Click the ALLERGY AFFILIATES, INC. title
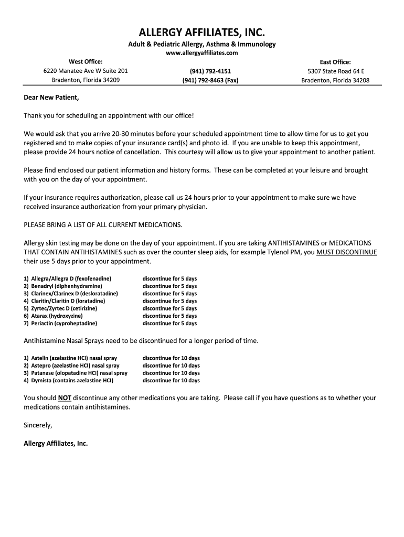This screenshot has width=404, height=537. [202, 33]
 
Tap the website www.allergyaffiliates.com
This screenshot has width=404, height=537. [202, 53]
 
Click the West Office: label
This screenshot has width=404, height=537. [86, 62]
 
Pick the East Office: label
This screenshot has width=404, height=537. [335, 62]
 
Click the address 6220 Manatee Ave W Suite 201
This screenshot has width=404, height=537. [86, 71]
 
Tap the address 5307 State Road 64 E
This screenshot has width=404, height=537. [335, 71]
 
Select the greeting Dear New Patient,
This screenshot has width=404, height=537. [51, 98]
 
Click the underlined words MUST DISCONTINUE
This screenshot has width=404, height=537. [346, 252]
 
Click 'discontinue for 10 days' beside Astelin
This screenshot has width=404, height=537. [171, 358]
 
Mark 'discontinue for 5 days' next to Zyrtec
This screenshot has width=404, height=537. [169, 308]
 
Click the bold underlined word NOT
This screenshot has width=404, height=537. [65, 398]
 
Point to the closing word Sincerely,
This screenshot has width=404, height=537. [38, 425]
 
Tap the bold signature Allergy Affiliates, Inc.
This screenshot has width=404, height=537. [56, 443]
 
